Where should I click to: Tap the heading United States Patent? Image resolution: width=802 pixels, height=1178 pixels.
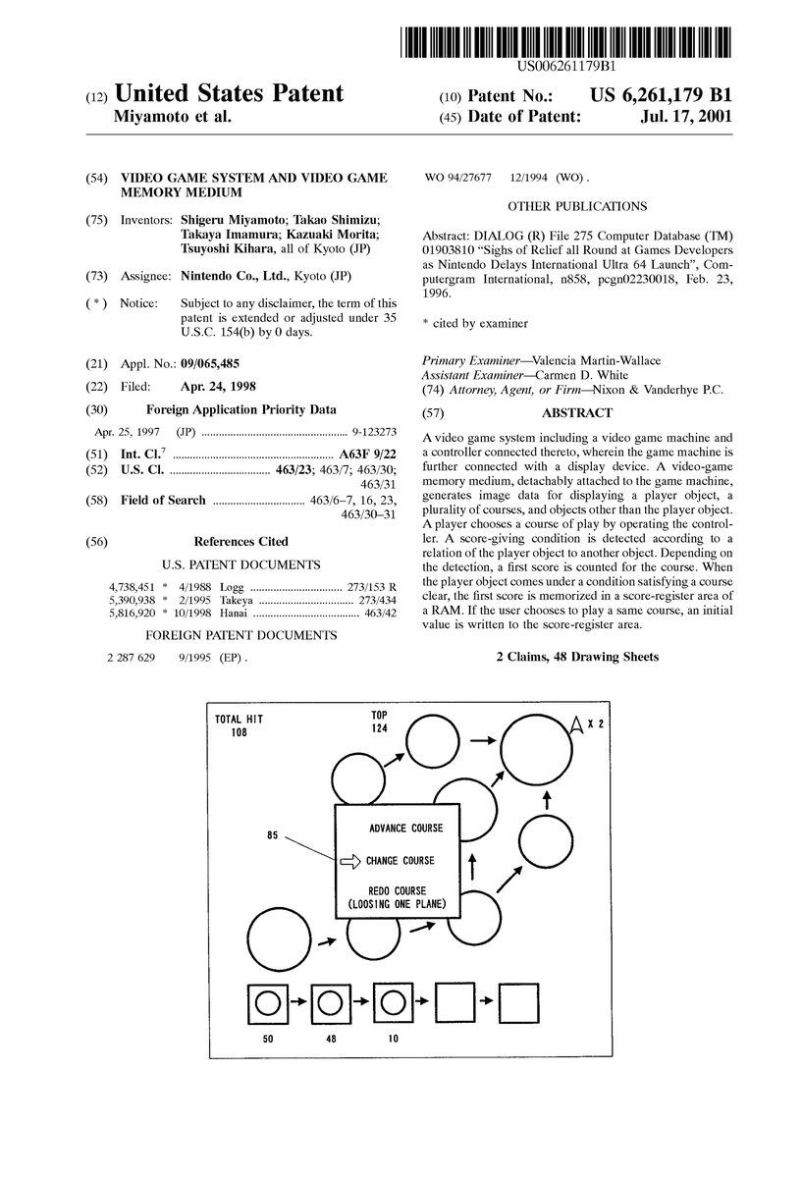tap(229, 94)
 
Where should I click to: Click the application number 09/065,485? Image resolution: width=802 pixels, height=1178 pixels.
tap(212, 363)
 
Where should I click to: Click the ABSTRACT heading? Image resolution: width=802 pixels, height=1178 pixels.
tap(576, 413)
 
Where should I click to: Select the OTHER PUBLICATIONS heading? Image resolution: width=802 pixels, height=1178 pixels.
tap(576, 206)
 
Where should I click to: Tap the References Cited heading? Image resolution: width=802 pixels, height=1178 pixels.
tap(241, 541)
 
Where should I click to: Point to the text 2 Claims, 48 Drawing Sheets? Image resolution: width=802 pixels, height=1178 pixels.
tap(577, 657)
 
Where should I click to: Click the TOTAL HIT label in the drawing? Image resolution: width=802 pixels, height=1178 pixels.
tap(240, 720)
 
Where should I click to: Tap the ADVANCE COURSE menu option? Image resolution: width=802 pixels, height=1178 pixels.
tap(405, 828)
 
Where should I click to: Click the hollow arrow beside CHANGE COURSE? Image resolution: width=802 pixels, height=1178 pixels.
tap(349, 861)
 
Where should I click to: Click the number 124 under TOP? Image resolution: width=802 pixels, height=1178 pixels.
tap(379, 727)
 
